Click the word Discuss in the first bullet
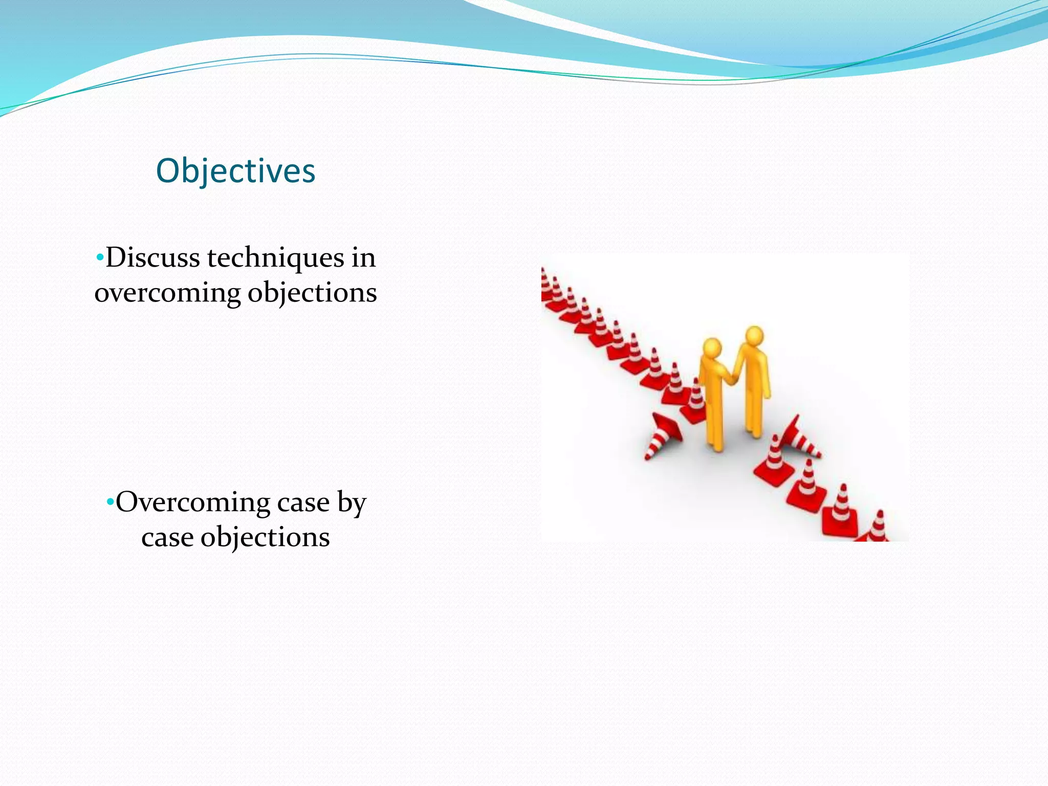(x=152, y=257)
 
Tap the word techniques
(x=275, y=257)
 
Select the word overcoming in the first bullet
(x=167, y=293)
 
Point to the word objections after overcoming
(x=312, y=293)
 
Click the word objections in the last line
(x=265, y=537)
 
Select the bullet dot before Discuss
(x=100, y=256)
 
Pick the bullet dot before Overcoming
(x=110, y=501)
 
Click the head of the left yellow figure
(x=712, y=347)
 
